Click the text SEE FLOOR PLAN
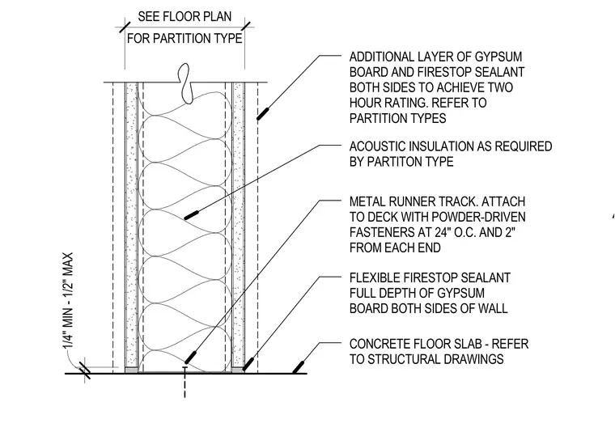[184, 16]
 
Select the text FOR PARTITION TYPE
[184, 39]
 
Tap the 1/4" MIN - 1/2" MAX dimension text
[68, 300]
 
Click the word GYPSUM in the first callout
[498, 57]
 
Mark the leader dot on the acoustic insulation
[191, 215]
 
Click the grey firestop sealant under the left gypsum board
[131, 370]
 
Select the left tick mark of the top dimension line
[125, 28]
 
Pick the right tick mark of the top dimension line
[245, 28]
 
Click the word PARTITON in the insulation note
[394, 162]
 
